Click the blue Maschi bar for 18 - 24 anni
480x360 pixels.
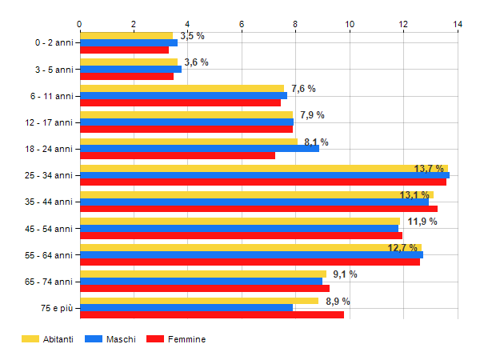pos(199,148)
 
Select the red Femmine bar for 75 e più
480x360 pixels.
pos(212,314)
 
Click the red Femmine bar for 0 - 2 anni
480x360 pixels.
pos(124,50)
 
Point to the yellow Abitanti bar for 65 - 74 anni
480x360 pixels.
pos(203,274)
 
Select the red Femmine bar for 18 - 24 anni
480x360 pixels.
pos(177,155)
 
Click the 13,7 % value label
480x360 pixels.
pos(430,169)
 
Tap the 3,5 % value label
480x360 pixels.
pos(192,36)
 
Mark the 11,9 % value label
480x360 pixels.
pos(422,222)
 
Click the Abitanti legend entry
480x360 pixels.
pos(49,339)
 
